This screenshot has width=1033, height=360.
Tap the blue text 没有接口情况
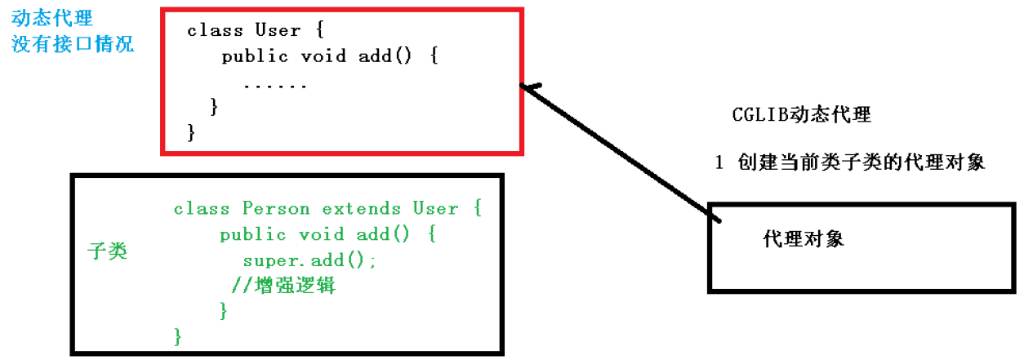point(73,44)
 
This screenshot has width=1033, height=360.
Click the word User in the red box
point(278,30)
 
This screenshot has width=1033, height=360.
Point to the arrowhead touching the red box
point(531,87)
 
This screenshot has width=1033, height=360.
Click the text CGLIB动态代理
point(802,115)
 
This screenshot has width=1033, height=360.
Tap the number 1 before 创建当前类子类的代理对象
point(719,162)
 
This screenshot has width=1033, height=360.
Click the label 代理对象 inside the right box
point(804,239)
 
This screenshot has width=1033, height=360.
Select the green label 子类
point(107,251)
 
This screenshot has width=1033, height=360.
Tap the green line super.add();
point(309,260)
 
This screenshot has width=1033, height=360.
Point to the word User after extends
point(435,208)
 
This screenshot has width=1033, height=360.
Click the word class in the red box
point(215,30)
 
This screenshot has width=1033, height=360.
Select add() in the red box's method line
point(387,56)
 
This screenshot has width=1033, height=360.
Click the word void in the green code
point(322,234)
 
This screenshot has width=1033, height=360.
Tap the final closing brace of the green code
point(177,336)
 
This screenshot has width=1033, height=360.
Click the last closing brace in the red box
point(191,131)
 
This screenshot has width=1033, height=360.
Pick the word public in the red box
point(255,56)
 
